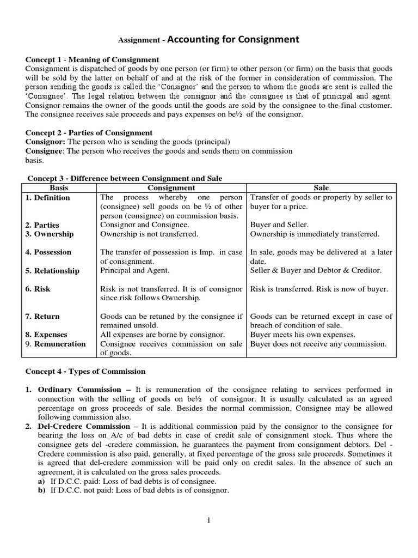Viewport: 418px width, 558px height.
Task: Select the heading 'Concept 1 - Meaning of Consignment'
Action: point(93,59)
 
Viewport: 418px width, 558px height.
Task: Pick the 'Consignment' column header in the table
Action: point(171,188)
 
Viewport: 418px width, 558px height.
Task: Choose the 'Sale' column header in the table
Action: point(321,188)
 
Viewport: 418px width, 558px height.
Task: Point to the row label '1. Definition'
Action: point(48,198)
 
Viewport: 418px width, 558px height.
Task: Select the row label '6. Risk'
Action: point(38,289)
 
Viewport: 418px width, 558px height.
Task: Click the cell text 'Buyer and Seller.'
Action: point(279,225)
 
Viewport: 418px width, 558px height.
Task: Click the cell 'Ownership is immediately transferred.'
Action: point(314,234)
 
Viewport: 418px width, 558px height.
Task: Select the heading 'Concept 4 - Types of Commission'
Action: point(85,371)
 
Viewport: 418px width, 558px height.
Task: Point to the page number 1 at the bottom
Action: point(208,521)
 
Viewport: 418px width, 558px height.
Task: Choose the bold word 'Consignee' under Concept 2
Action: point(45,151)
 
